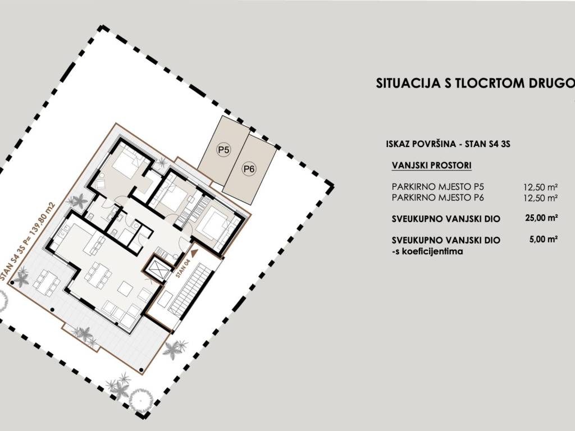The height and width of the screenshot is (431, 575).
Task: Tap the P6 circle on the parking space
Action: [249, 169]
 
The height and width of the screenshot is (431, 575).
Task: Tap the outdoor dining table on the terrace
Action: [47, 283]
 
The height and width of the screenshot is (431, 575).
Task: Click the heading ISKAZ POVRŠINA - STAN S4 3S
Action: [448, 144]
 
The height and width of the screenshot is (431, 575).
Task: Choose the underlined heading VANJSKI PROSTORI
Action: [432, 166]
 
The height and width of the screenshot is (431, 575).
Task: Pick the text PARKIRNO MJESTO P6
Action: [438, 198]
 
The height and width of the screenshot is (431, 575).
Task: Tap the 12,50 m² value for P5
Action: [541, 187]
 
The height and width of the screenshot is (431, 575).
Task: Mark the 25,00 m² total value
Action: [541, 218]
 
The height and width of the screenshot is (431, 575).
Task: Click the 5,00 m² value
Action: [544, 239]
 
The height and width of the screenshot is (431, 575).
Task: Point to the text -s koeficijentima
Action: [427, 251]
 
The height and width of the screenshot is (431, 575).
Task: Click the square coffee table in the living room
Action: [125, 288]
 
